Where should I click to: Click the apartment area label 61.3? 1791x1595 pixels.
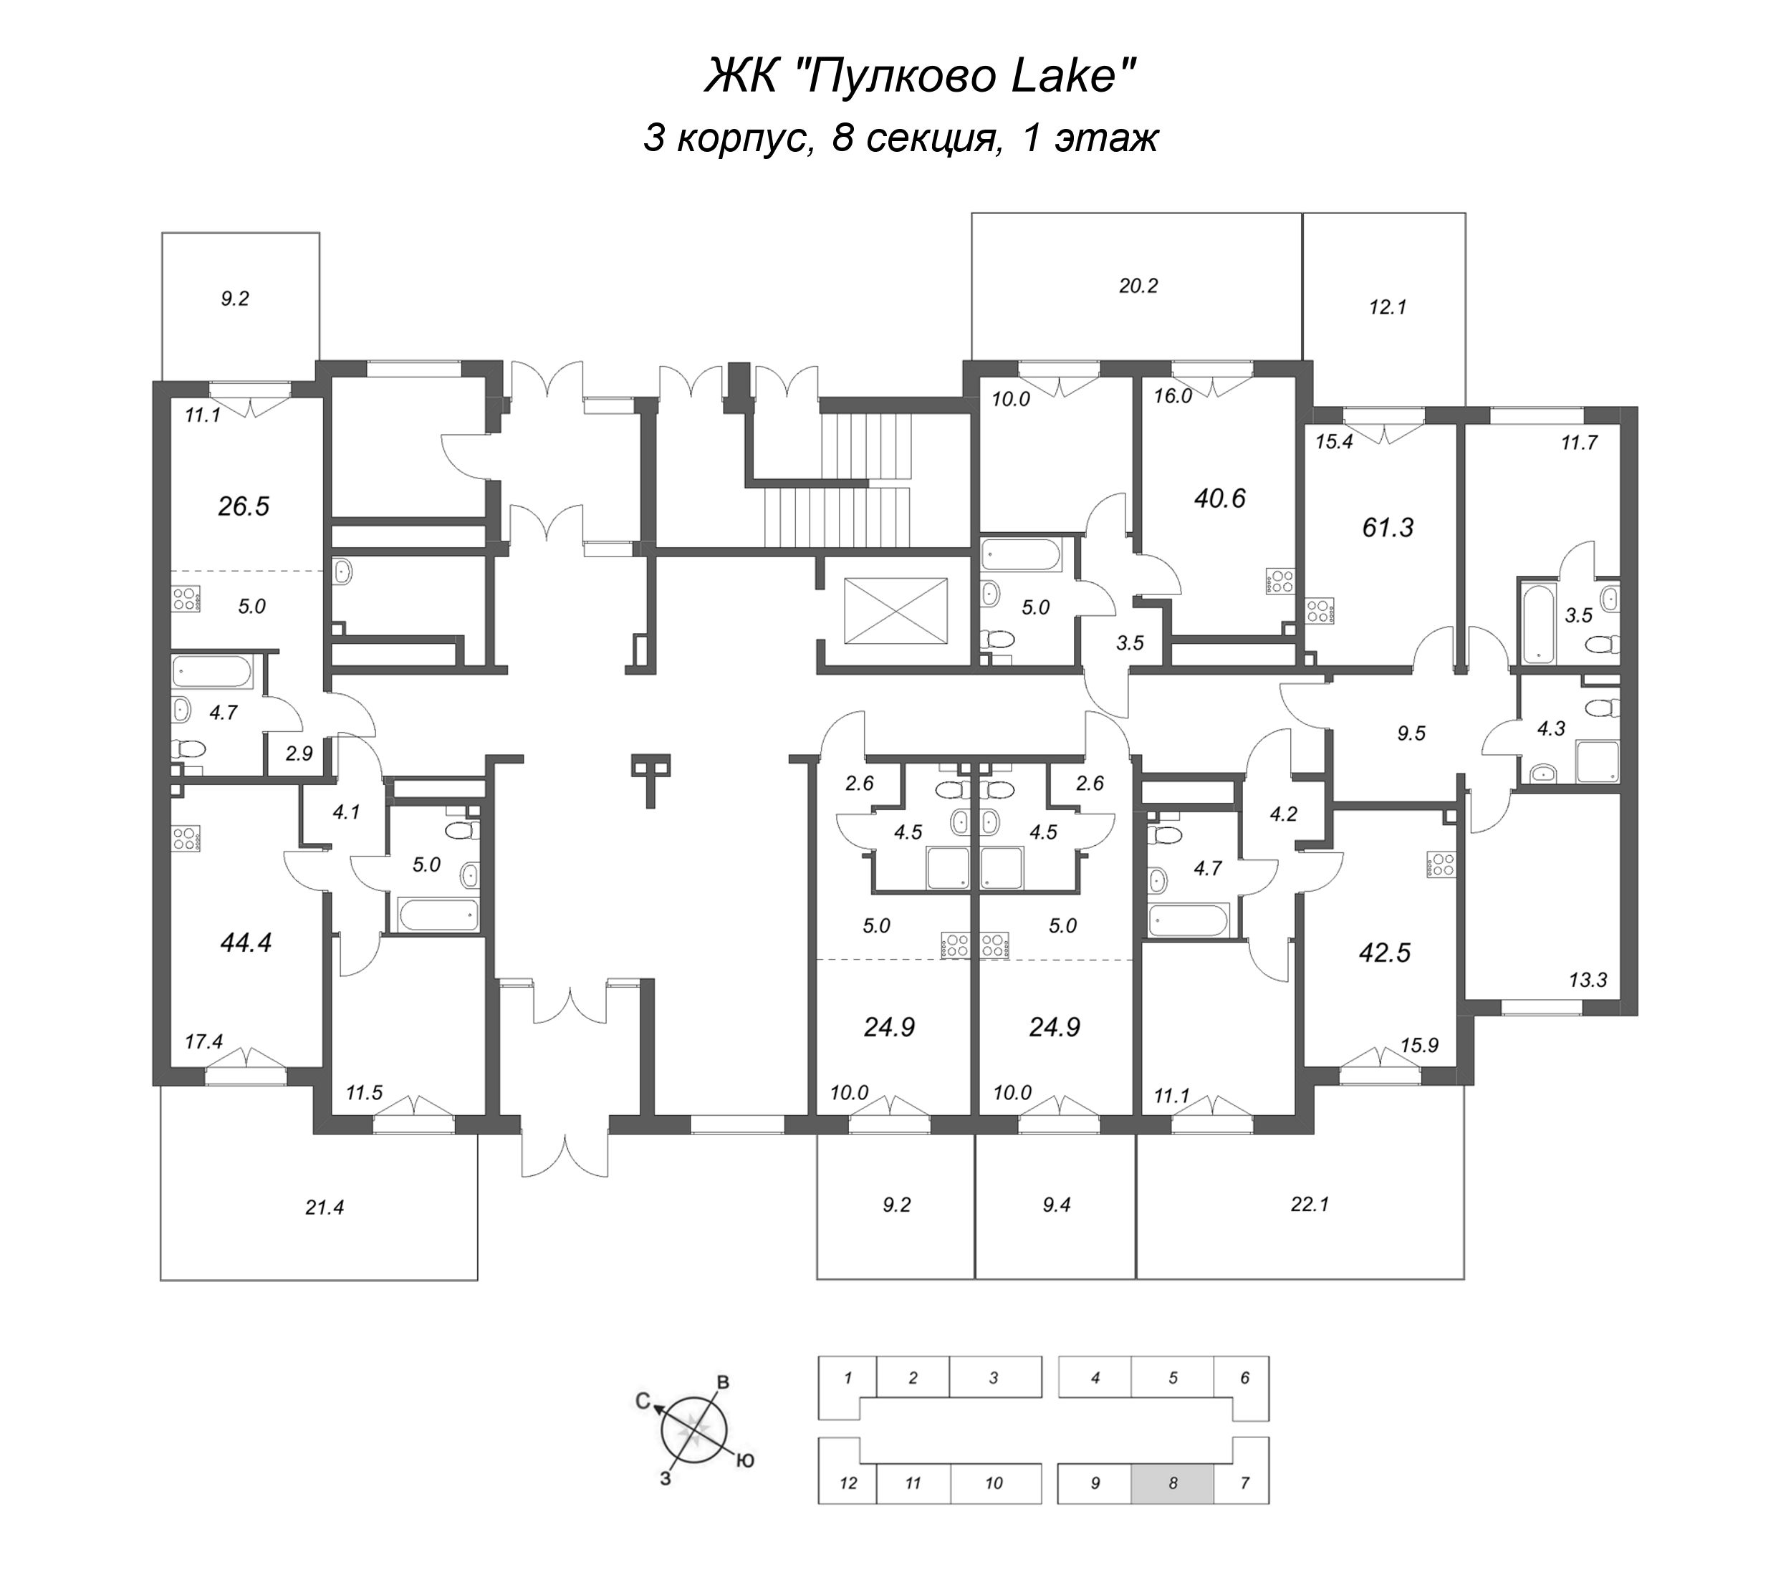(x=1388, y=528)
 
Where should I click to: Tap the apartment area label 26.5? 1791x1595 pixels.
(x=244, y=506)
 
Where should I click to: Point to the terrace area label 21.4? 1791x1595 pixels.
(x=325, y=1208)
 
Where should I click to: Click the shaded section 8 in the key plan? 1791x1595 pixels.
(x=1172, y=1484)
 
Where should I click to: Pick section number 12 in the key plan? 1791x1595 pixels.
(x=848, y=1484)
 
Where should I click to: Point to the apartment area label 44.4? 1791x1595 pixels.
(x=246, y=942)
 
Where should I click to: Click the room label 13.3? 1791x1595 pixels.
(x=1588, y=980)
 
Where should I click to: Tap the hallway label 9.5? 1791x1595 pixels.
(x=1411, y=733)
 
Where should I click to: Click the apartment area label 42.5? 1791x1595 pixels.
(x=1384, y=953)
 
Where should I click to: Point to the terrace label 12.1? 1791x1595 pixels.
(x=1388, y=307)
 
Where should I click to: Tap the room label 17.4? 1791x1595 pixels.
(x=203, y=1042)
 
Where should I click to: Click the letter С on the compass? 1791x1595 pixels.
(x=643, y=1402)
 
